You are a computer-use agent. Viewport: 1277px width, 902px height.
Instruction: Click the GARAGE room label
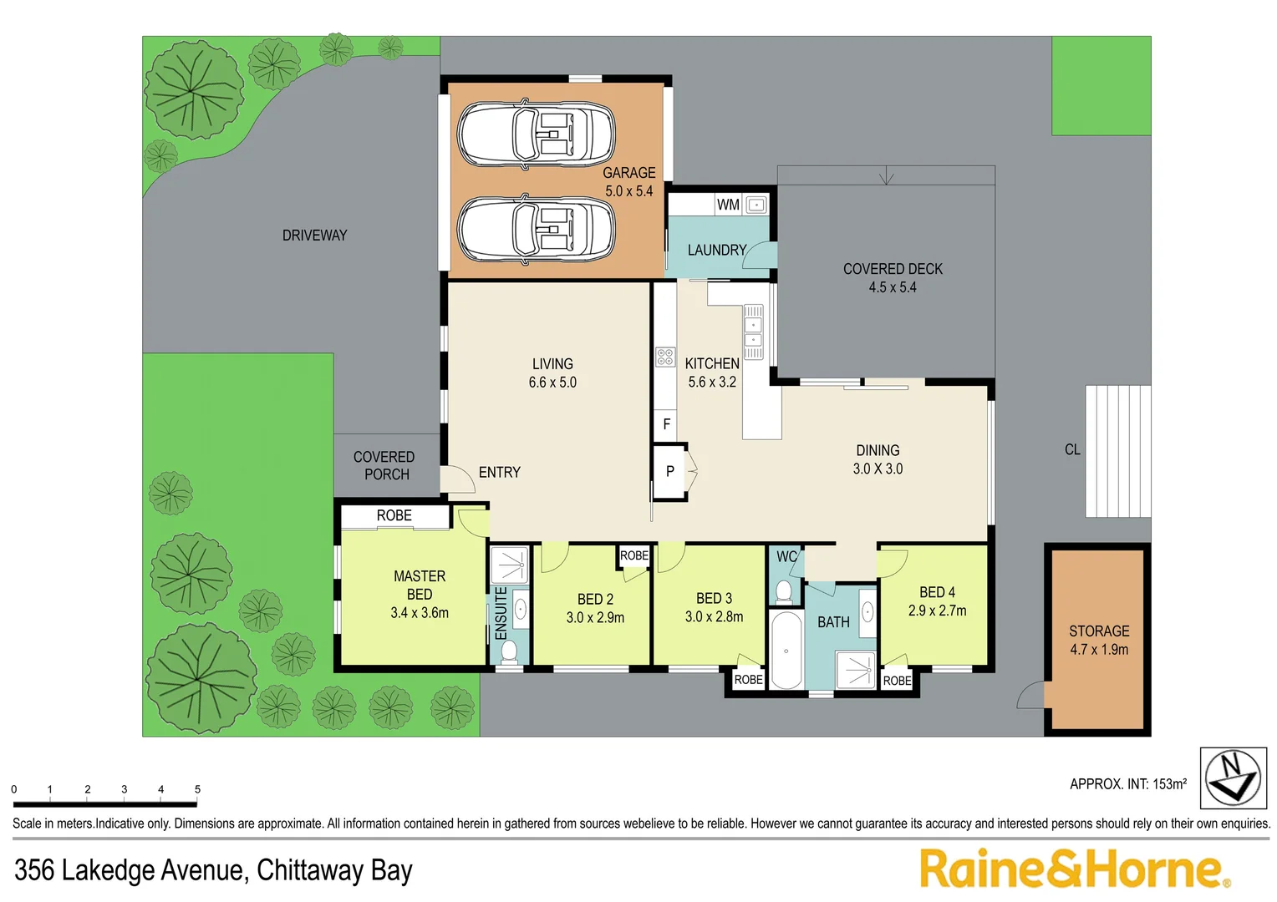(x=628, y=173)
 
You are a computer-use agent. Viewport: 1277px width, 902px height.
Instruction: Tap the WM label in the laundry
(x=728, y=205)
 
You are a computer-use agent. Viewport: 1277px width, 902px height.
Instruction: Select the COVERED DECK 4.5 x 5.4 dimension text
(x=893, y=288)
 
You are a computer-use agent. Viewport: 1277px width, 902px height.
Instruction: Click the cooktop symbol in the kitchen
(x=665, y=357)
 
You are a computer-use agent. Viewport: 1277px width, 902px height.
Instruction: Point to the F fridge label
(x=666, y=424)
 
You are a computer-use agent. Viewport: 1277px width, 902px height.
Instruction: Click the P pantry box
(x=670, y=471)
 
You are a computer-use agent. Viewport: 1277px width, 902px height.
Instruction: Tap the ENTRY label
(x=500, y=473)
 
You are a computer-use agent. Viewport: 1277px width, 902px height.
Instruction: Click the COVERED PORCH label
(x=384, y=465)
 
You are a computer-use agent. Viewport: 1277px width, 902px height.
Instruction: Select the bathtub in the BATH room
(x=786, y=650)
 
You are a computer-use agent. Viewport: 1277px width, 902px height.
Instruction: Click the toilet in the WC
(x=784, y=593)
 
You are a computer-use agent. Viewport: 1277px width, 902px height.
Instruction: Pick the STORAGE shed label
(x=1099, y=631)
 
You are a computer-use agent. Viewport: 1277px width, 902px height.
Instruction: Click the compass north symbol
(x=1233, y=778)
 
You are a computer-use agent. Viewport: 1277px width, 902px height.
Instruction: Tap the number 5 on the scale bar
(x=198, y=789)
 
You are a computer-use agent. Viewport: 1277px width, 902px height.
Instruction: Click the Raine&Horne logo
(x=1076, y=869)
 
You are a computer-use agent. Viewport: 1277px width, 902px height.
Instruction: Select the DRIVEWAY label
(x=315, y=236)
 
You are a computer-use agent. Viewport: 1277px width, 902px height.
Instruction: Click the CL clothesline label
(x=1072, y=450)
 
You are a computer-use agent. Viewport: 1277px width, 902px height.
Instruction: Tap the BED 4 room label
(x=937, y=593)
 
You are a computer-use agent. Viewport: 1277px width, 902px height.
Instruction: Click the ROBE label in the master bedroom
(x=394, y=515)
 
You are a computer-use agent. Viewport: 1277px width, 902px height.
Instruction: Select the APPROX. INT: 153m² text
(x=1128, y=784)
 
